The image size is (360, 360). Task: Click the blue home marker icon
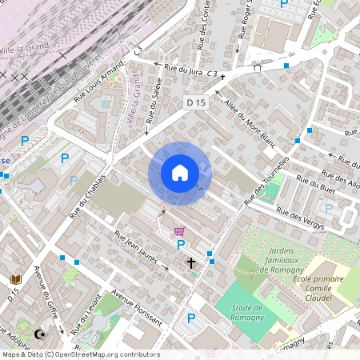pos(180,173)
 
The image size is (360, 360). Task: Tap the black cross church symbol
pos(191,262)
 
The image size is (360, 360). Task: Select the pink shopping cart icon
pos(178,229)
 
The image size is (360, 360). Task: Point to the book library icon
pos(14,279)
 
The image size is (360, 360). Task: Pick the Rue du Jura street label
pos(184,71)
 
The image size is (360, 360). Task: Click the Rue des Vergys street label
pos(300,218)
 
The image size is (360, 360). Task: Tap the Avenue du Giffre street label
pos(42,295)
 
